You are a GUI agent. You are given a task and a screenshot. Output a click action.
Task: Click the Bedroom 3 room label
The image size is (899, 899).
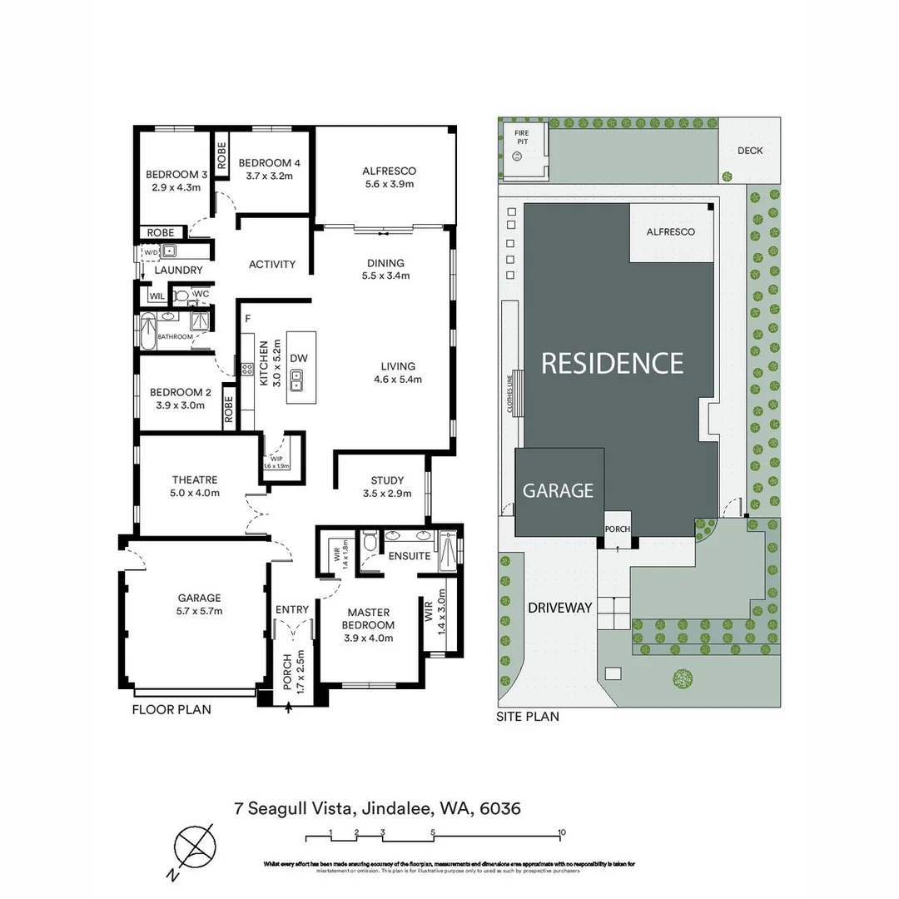[176, 175]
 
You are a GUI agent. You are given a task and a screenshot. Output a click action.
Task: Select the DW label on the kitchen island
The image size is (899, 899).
[299, 358]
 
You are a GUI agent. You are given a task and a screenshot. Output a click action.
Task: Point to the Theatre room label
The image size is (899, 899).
[195, 480]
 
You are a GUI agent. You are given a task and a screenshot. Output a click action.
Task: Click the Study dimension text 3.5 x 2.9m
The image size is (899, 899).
[387, 494]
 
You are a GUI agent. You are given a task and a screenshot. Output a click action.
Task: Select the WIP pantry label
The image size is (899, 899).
[276, 459]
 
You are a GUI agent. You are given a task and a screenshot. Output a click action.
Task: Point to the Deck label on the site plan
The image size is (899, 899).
[749, 151]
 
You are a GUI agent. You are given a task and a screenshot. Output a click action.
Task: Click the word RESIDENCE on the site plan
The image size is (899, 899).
[613, 363]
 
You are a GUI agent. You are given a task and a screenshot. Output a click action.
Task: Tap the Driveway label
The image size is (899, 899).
[559, 608]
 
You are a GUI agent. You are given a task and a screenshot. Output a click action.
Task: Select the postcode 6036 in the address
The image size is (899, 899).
[499, 808]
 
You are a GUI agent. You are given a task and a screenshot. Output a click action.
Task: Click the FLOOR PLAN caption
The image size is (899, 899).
[171, 710]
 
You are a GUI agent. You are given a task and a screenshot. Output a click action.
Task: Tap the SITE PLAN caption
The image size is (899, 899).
[528, 716]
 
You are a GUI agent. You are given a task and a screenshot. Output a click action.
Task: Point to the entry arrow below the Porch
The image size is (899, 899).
[288, 708]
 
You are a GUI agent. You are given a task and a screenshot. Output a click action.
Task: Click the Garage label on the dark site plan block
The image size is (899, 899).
[558, 491]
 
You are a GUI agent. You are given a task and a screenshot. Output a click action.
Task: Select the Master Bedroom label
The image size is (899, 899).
[369, 618]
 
